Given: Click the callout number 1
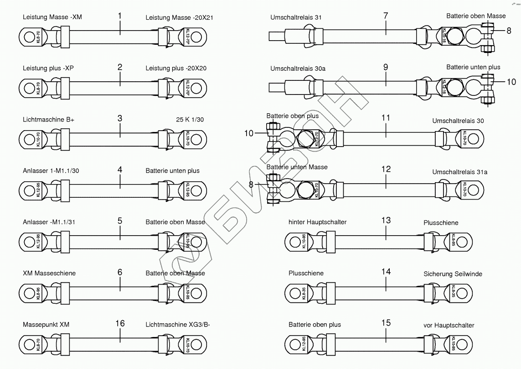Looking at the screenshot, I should pos(120,16).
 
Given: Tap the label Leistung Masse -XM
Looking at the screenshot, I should pos(52,17).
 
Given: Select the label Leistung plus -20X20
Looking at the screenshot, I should pos(176,68).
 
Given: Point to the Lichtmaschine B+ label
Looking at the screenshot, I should pos(49,120).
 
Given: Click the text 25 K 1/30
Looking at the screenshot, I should pos(190,120).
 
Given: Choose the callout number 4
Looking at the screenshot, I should pos(120,169).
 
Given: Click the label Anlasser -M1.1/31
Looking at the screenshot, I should pos(49,222).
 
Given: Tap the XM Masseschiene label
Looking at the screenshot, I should pos(49,273).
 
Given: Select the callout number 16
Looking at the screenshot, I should pos(120,323).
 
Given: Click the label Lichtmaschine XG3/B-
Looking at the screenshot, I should pos(178,325).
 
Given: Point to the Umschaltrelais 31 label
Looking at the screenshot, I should pos(296,17).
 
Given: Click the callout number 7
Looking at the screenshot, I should pos(386,16).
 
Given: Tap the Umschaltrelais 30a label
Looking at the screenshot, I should pos(298,69).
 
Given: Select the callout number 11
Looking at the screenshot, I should pos(386,118).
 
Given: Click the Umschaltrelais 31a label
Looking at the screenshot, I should pos(460,172).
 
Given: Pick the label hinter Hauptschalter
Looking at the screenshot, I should pos(318,222).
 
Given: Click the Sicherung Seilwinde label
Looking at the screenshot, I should pos(453,274).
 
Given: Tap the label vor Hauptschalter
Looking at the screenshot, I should pos(449,325).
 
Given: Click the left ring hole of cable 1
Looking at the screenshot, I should pos(27,35).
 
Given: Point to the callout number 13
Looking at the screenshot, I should pos(386,220).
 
